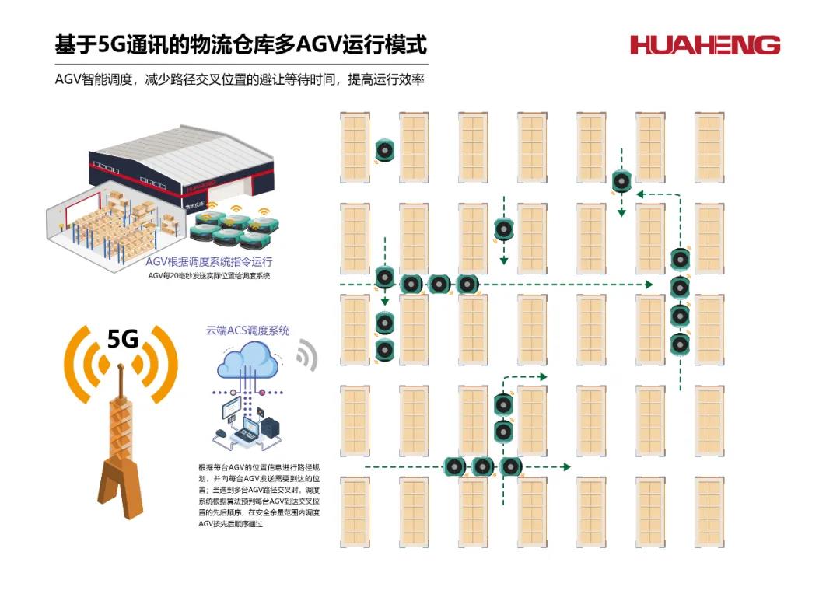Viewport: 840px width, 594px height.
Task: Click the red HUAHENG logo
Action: (x=705, y=45)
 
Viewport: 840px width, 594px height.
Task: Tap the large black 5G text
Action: (x=122, y=340)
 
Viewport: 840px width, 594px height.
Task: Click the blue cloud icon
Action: (x=248, y=362)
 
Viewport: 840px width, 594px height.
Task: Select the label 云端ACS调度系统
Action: (x=247, y=330)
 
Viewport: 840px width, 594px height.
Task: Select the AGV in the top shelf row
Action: (x=385, y=150)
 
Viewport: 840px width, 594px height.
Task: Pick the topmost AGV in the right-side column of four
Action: (x=681, y=259)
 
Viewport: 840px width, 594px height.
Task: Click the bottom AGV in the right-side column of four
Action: (x=681, y=343)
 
